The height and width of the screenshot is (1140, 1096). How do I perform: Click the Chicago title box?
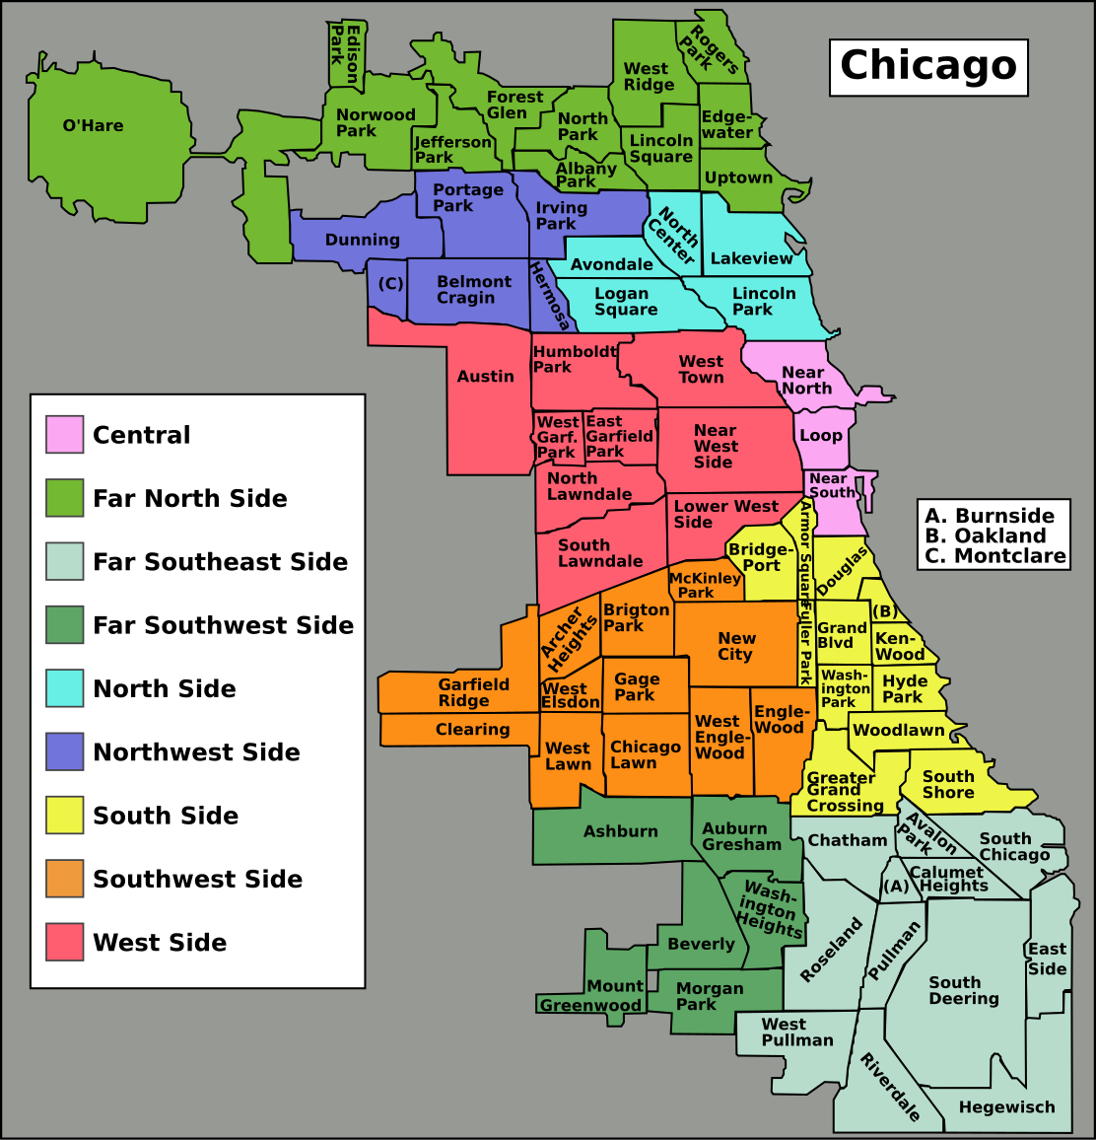coord(927,67)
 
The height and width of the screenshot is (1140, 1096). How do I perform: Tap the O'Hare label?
coord(93,126)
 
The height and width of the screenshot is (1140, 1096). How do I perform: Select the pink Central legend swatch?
coord(64,435)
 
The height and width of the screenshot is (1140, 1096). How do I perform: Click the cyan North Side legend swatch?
coord(64,688)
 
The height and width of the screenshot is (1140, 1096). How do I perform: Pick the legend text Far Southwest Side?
coord(223,625)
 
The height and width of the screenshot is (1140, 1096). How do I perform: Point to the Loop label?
coord(821,436)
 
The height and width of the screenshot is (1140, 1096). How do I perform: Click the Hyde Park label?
coord(904,688)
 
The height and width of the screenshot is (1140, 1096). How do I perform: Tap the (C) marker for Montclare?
coord(390,284)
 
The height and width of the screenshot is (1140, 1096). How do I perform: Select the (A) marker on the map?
coord(895,887)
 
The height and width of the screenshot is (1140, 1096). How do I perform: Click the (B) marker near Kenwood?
coord(884,611)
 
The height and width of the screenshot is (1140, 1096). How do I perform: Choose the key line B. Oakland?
coord(972,536)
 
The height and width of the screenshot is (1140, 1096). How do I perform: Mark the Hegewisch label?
coord(1006,1107)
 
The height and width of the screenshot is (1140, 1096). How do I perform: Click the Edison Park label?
coord(344,53)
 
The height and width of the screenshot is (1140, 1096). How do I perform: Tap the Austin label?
coord(485,377)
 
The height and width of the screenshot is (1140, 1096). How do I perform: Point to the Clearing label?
coord(472,730)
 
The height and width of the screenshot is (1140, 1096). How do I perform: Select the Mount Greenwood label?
coord(591,996)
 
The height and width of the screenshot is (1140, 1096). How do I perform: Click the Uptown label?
coord(738,178)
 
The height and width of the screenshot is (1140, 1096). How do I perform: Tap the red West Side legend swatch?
coord(64,943)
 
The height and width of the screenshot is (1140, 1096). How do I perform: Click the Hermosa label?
coord(549,296)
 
